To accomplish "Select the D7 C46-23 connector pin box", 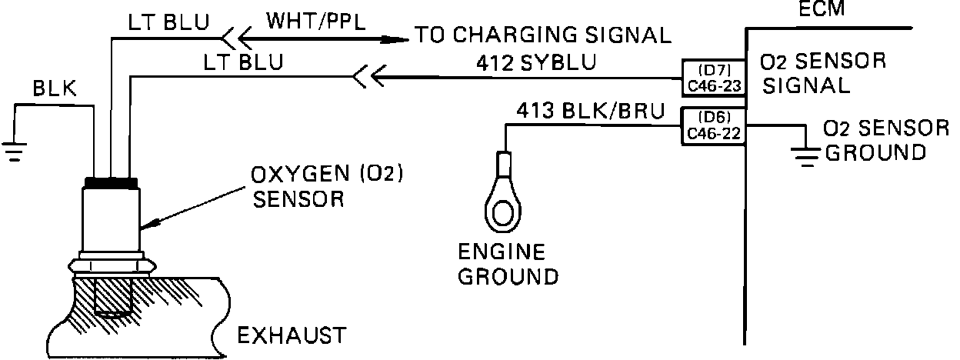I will [714, 77].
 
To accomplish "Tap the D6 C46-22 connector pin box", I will [714, 126].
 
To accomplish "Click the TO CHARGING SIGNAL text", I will [543, 35].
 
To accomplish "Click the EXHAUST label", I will [290, 335].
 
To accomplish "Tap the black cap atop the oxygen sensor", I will [112, 182].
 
